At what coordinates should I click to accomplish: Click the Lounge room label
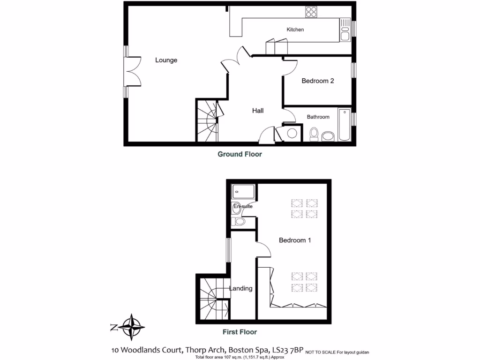pyautogui.click(x=166, y=60)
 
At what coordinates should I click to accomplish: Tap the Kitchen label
pyautogui.click(x=295, y=30)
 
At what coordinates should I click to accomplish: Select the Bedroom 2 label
pyautogui.click(x=317, y=81)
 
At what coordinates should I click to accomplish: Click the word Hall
pyautogui.click(x=258, y=111)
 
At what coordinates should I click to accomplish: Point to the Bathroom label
pyautogui.click(x=318, y=117)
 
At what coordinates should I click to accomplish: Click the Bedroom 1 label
pyautogui.click(x=295, y=240)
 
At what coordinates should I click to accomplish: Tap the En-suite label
pyautogui.click(x=243, y=206)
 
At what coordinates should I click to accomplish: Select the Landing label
pyautogui.click(x=240, y=288)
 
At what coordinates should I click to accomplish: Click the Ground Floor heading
pyautogui.click(x=240, y=154)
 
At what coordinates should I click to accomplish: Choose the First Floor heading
pyautogui.click(x=240, y=332)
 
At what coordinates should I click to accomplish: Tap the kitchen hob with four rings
pyautogui.click(x=311, y=12)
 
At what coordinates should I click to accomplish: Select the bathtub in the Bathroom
pyautogui.click(x=344, y=124)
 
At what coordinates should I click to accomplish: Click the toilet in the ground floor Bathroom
pyautogui.click(x=314, y=134)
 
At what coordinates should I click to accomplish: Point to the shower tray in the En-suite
pyautogui.click(x=243, y=191)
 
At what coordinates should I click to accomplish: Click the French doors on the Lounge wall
pyautogui.click(x=133, y=72)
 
